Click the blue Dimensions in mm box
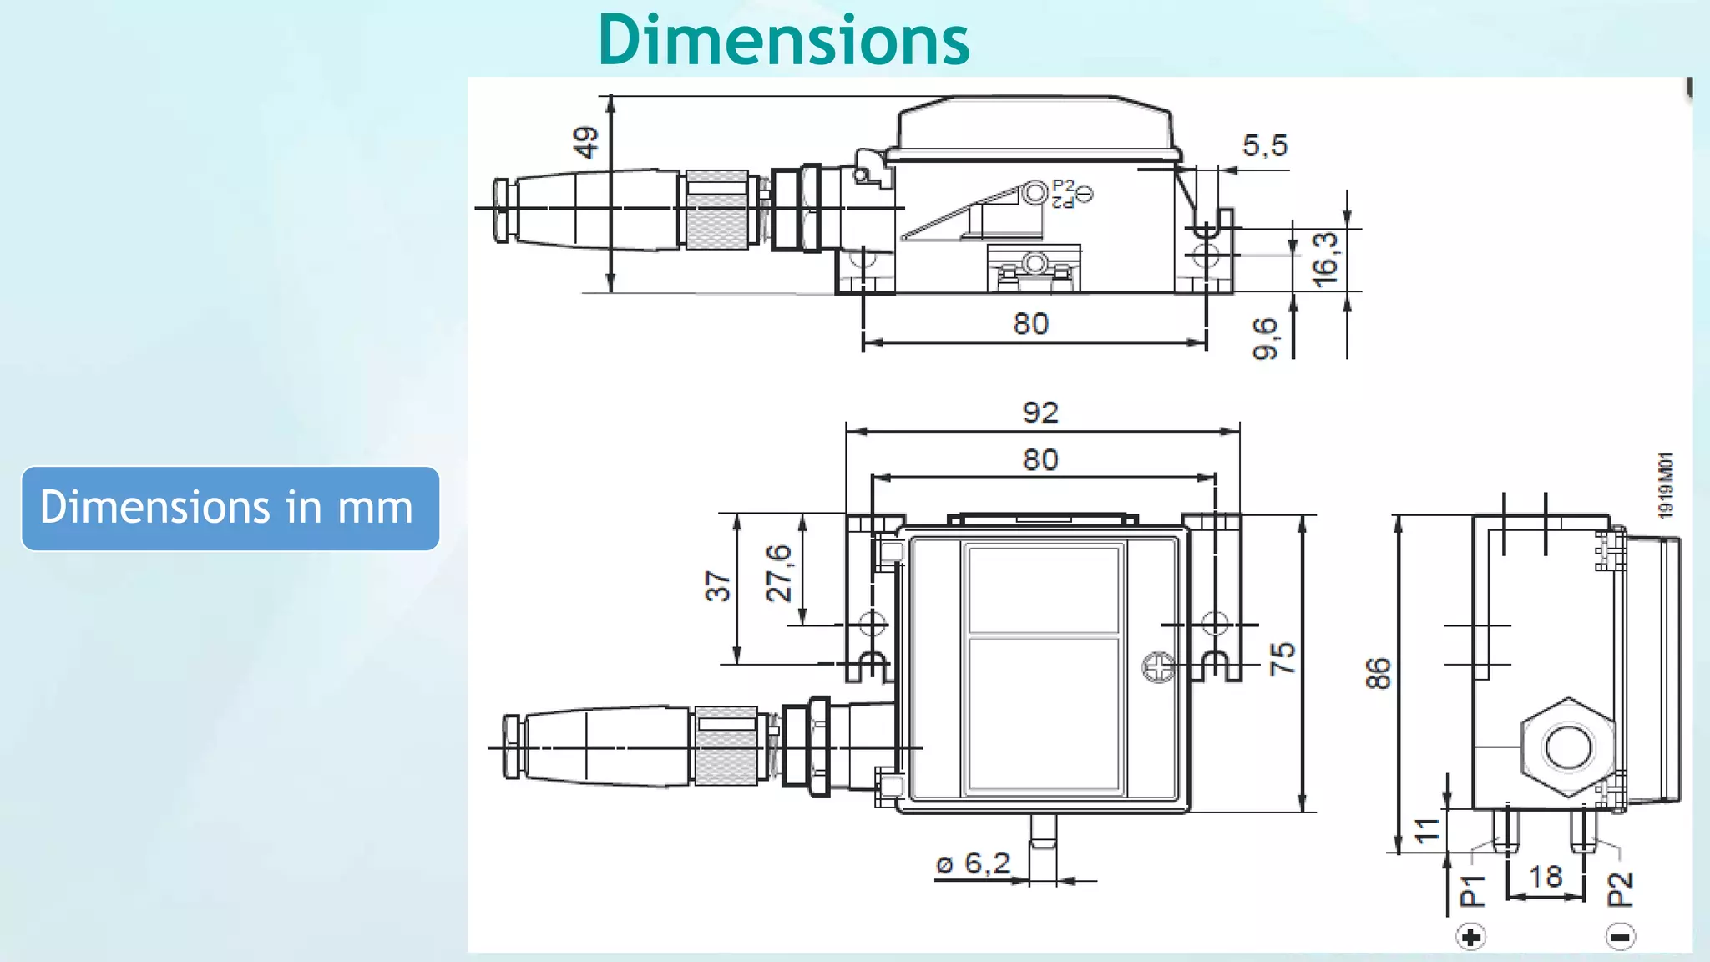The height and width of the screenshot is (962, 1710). [x=230, y=508]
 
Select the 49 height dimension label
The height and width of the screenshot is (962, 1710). [x=586, y=142]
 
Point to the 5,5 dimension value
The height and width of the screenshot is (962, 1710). [x=1265, y=146]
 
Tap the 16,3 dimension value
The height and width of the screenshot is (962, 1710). [x=1324, y=260]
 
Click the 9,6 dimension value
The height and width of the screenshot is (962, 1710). [x=1265, y=338]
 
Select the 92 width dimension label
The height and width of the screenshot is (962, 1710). [x=1040, y=413]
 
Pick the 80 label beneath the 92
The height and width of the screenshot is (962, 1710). [x=1040, y=459]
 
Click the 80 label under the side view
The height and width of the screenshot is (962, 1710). [x=1030, y=324]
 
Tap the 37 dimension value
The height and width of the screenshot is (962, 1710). [x=718, y=586]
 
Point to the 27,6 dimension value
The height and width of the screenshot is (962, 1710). [x=778, y=573]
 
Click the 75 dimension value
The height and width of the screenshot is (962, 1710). [x=1282, y=658]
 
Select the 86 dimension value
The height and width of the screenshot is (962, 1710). [x=1379, y=673]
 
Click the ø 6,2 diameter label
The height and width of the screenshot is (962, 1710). [x=973, y=863]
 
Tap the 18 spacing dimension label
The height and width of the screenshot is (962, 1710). [x=1545, y=877]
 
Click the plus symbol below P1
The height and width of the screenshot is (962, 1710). [x=1471, y=937]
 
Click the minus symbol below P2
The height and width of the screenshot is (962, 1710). [x=1620, y=937]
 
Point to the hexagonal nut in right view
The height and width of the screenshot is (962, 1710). [x=1568, y=747]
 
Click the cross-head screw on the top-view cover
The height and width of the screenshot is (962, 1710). [x=1158, y=667]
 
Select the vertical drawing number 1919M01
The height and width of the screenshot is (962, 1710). [x=1666, y=486]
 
